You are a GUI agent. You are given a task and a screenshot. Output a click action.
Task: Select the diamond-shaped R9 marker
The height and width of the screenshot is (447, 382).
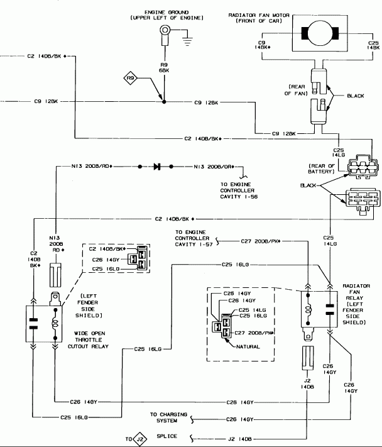click(x=131, y=79)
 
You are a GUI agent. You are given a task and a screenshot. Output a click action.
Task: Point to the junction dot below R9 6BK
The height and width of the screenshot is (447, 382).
click(x=164, y=101)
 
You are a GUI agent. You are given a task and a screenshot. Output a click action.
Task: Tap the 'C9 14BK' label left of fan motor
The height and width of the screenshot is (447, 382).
click(x=263, y=44)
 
